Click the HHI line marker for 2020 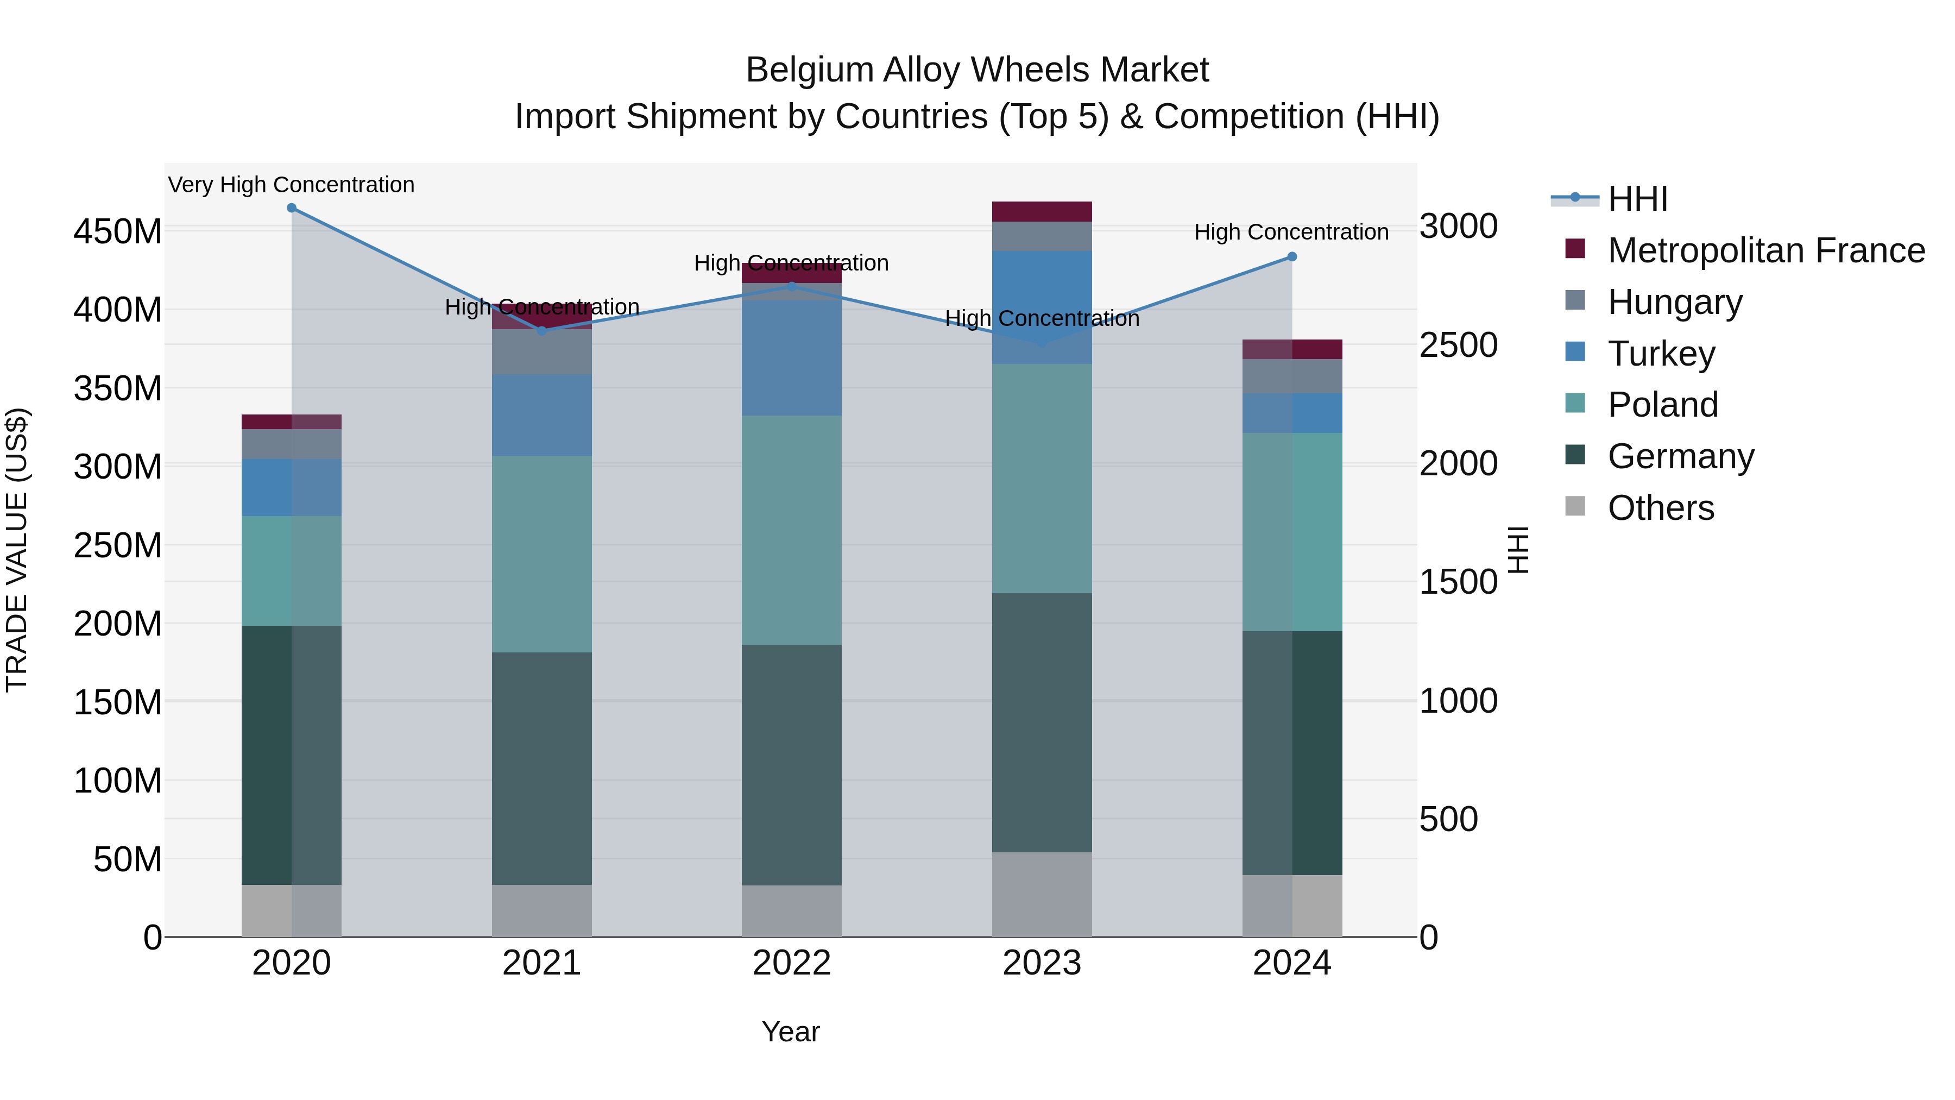click(x=292, y=208)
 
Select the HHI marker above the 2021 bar click(x=542, y=331)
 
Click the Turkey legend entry click(x=1661, y=354)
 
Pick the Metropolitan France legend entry click(x=1765, y=250)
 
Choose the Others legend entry click(x=1661, y=508)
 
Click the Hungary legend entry click(x=1674, y=302)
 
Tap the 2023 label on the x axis click(x=1041, y=963)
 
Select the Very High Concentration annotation click(x=292, y=185)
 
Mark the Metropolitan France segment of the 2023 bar click(x=1041, y=212)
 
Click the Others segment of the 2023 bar click(x=1041, y=894)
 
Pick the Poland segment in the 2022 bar click(x=792, y=530)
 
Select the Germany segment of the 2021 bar click(x=542, y=768)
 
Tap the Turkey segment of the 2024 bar click(x=1292, y=413)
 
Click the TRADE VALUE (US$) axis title click(x=17, y=550)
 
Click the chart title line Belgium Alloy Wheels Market click(x=977, y=70)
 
